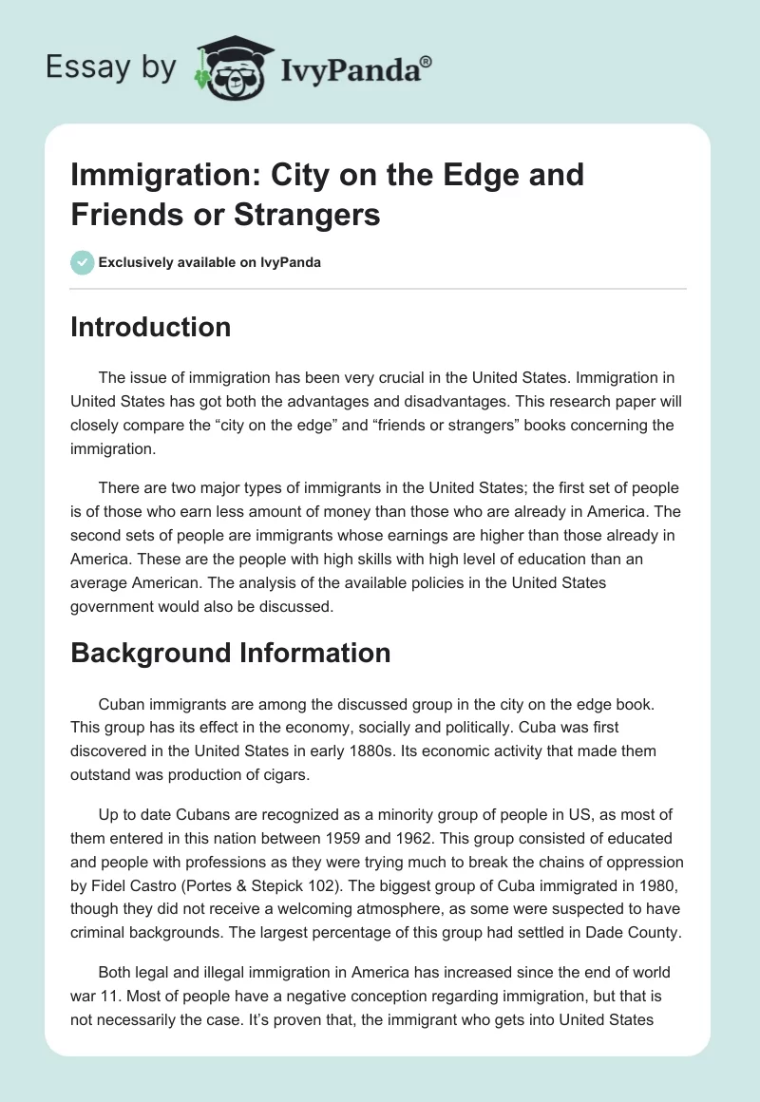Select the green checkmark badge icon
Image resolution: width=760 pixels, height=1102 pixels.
pyautogui.click(x=83, y=262)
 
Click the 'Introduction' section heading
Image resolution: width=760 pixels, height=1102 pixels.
pyautogui.click(x=151, y=327)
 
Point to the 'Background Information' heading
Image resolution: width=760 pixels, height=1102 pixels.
pyautogui.click(x=231, y=653)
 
